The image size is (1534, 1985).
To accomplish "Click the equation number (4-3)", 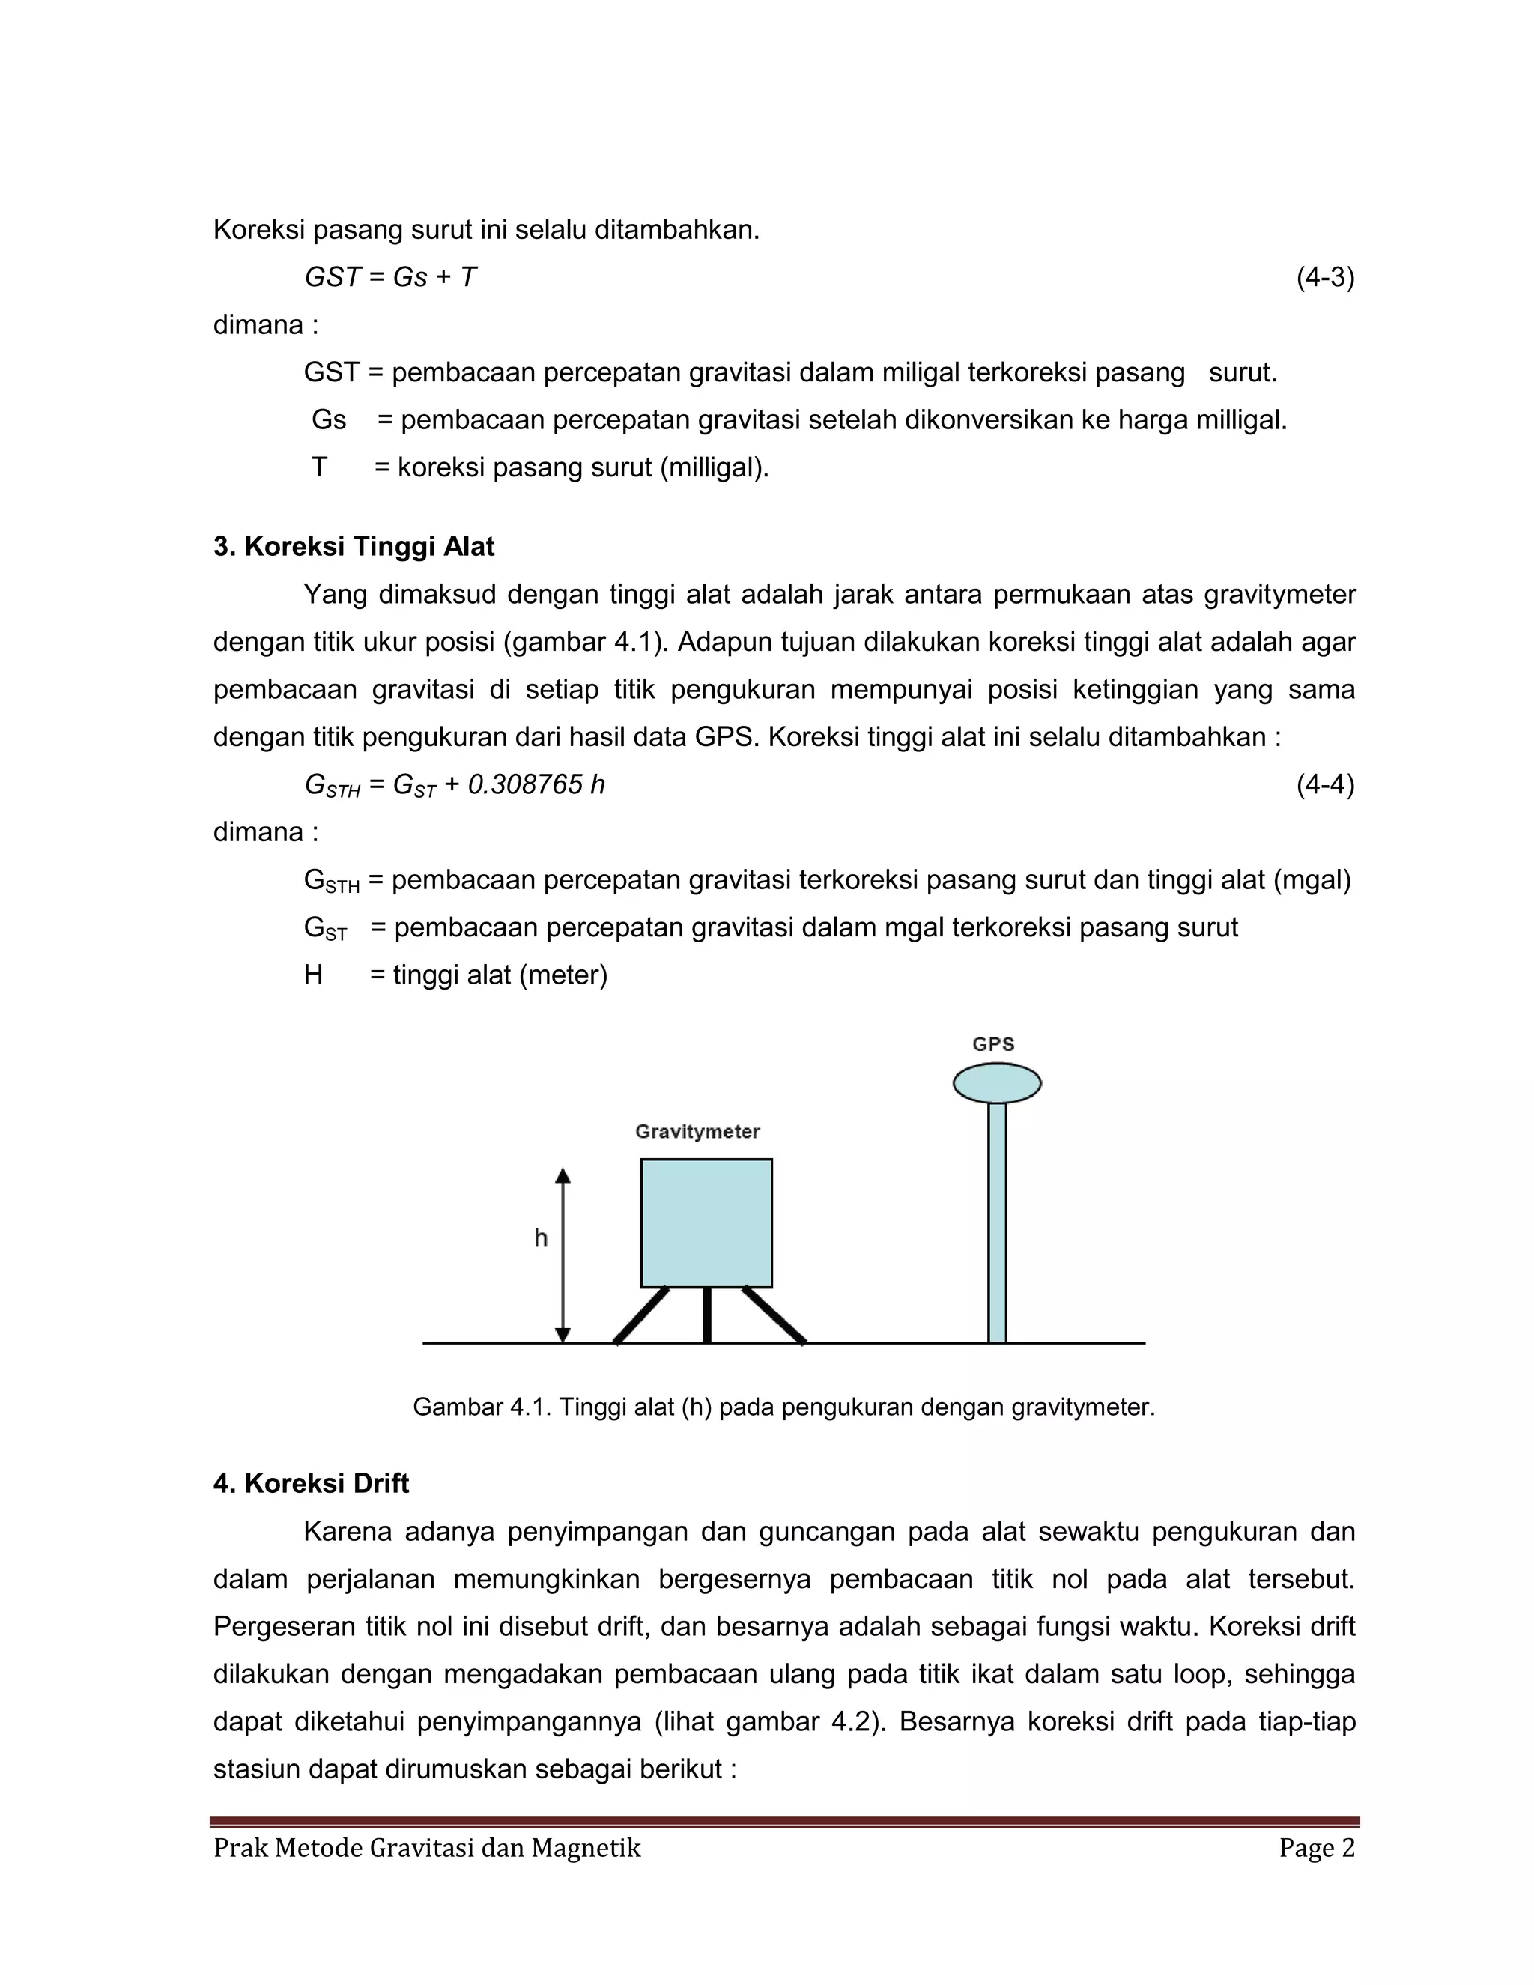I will [1324, 277].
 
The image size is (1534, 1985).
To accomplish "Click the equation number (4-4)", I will [1324, 784].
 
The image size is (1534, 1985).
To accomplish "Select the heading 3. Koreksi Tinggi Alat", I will [354, 546].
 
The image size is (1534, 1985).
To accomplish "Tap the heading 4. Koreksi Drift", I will [311, 1483].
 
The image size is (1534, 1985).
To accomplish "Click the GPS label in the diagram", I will [993, 1044].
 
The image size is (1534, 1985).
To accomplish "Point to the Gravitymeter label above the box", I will [697, 1132].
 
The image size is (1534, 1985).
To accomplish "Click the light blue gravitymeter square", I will [706, 1222].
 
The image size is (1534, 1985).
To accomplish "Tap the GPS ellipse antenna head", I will [997, 1082].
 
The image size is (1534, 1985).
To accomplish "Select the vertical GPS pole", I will [997, 1222].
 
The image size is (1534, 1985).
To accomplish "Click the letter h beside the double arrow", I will [541, 1238].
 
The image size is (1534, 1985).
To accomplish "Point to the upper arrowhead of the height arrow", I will [563, 1175].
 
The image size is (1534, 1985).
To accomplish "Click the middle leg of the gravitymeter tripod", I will [707, 1315].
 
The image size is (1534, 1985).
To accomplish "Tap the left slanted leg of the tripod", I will [642, 1315].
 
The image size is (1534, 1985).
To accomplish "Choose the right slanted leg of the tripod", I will [774, 1315].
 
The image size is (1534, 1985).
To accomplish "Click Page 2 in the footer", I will [1317, 1848].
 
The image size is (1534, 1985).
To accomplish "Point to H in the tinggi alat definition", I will [312, 975].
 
